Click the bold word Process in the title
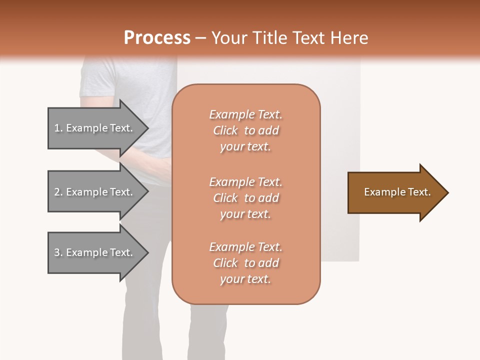(x=157, y=38)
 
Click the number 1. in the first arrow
(x=58, y=128)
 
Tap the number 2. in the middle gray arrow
(x=58, y=192)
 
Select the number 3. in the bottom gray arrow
(x=58, y=252)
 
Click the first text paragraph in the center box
(x=246, y=130)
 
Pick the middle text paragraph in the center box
(x=246, y=198)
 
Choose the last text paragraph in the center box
(x=246, y=263)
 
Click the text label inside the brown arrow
(x=397, y=192)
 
